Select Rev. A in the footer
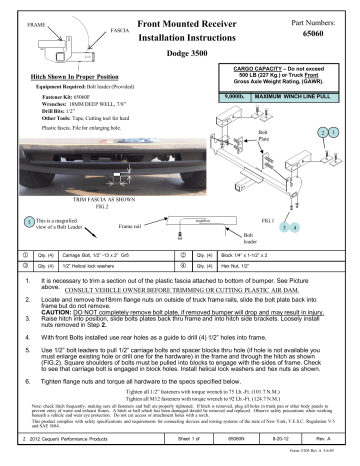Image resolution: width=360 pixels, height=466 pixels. click(x=330, y=452)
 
